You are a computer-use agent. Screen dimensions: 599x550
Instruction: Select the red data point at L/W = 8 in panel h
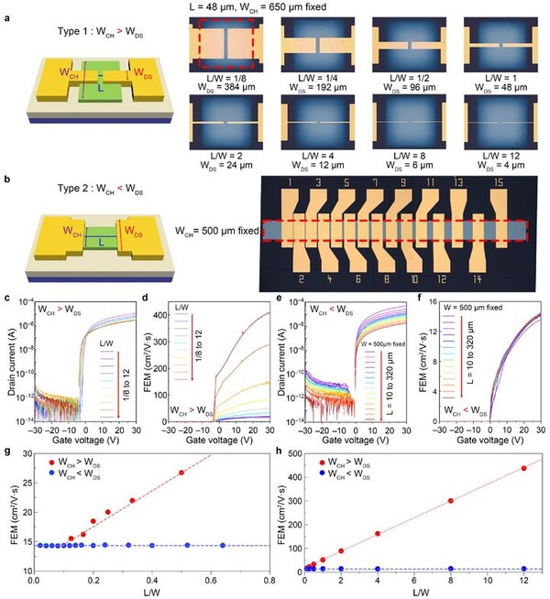pyautogui.click(x=451, y=501)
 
